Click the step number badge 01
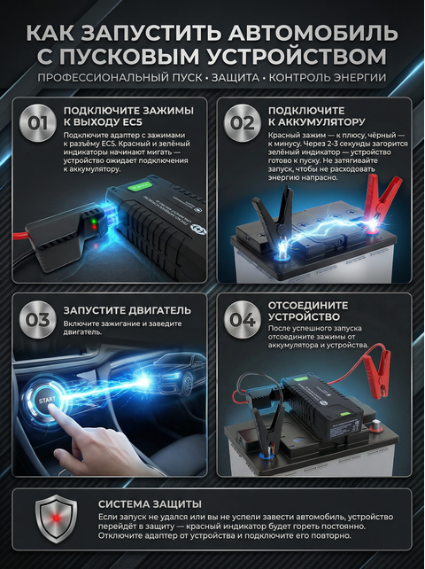pos(38,123)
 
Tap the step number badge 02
pos(243,123)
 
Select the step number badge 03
pos(38,319)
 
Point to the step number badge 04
pos(243,319)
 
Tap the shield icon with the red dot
pos(56,518)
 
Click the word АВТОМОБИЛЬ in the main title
pos(313,33)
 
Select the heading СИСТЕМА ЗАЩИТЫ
pos(150,504)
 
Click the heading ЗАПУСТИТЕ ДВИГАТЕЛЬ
pos(127,310)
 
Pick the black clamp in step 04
pos(267,428)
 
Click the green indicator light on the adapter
pos(94,221)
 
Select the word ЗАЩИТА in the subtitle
pos(236,77)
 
